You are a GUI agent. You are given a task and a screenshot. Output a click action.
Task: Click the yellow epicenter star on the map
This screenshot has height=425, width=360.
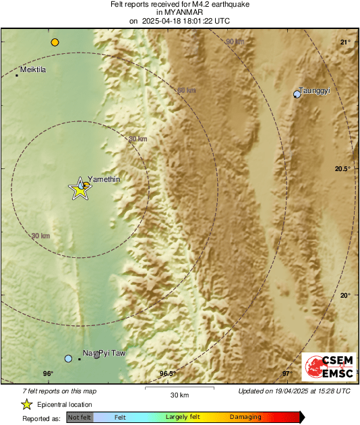pos(80,190)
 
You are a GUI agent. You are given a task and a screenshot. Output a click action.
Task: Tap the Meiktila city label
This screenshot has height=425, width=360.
pos(33,69)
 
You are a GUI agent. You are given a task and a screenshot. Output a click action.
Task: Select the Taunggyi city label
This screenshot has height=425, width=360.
pos(315,90)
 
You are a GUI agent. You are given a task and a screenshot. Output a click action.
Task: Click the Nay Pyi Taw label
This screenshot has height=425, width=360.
pos(104,353)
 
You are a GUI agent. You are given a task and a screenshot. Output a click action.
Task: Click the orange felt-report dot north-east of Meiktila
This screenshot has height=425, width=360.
pos(55,42)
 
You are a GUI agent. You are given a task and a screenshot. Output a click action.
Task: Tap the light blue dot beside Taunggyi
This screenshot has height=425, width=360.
pos(297,94)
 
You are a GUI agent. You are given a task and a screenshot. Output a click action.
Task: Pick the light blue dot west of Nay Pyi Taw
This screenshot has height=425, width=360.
pos(68,358)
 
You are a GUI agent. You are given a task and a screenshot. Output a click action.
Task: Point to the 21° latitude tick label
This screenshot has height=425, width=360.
pos(345,42)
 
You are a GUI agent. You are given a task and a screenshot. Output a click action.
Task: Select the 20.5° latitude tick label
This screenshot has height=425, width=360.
pos(343,169)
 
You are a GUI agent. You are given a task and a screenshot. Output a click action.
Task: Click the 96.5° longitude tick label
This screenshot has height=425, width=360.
pos(167,374)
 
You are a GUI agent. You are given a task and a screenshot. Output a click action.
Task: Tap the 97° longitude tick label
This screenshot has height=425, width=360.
pos(286,374)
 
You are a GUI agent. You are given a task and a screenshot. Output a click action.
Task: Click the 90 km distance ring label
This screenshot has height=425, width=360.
pos(235,42)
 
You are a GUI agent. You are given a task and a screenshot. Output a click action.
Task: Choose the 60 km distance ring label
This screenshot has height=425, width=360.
pos(187,91)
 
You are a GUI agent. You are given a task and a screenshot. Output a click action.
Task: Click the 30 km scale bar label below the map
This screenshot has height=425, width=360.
pos(179,394)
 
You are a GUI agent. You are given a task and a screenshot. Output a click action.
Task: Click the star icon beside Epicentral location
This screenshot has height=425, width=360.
pos(27,404)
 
